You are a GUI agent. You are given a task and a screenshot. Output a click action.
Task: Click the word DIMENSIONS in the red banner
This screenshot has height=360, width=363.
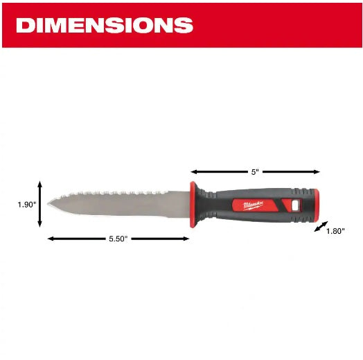[x=104, y=26]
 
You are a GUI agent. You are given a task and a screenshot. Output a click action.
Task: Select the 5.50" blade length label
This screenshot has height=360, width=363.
[x=118, y=239]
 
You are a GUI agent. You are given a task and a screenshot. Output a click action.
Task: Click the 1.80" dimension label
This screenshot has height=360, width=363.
[x=335, y=231]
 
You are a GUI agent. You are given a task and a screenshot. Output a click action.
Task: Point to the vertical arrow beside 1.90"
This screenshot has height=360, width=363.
[x=40, y=204]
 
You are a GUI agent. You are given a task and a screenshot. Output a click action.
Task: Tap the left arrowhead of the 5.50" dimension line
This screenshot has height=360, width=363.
[x=50, y=239]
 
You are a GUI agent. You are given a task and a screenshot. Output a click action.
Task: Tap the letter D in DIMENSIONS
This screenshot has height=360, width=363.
[x=26, y=26]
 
